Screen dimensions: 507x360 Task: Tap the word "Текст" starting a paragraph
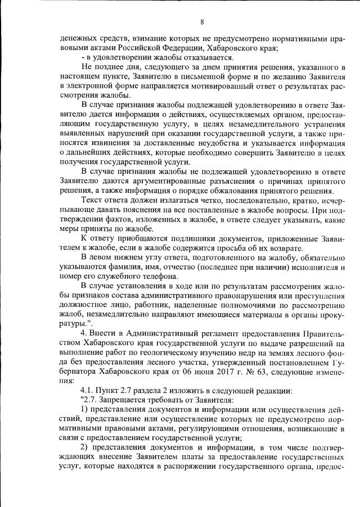(x=93, y=200)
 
